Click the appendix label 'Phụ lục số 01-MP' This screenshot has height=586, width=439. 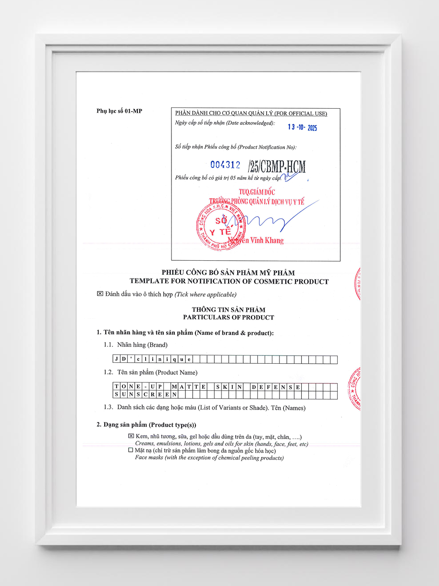(119, 112)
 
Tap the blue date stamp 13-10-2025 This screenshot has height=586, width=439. (302, 127)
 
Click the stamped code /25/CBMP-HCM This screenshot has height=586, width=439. (277, 166)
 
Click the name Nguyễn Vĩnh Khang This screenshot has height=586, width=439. (256, 241)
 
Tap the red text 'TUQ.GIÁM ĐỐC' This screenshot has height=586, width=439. (256, 192)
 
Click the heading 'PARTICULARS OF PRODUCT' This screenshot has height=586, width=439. (228, 318)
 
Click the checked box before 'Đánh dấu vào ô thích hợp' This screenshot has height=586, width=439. (100, 294)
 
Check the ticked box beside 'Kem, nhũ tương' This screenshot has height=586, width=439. (131, 436)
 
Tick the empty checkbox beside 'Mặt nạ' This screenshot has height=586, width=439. (131, 450)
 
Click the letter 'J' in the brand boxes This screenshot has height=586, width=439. (116, 359)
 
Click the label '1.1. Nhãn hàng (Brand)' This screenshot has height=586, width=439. (135, 345)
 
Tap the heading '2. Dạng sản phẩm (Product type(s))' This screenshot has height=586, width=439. (146, 425)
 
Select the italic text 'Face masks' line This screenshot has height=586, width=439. (209, 458)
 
